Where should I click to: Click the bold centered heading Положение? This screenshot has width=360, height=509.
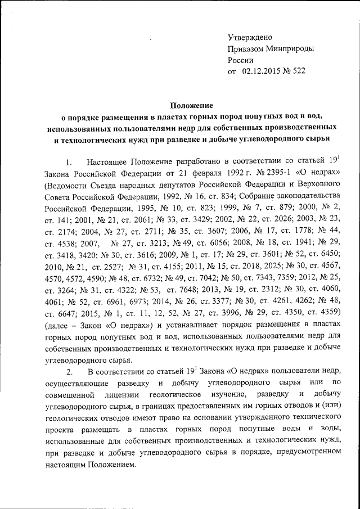(x=192, y=105)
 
